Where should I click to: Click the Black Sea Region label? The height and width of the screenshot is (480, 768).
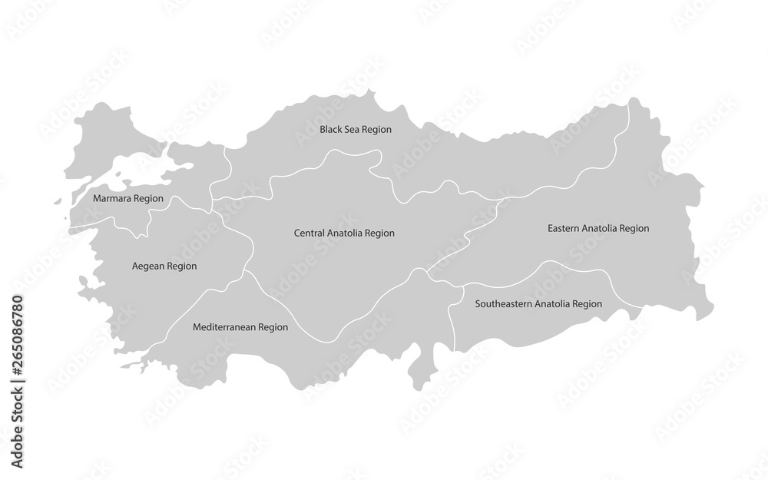point(356,130)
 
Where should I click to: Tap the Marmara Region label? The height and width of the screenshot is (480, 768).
point(127,198)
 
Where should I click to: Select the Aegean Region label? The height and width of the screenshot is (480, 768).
point(164,266)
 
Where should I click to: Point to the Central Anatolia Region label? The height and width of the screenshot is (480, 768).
point(349,232)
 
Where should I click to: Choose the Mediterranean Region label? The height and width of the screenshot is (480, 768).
point(240,327)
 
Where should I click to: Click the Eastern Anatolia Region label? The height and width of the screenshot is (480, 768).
point(598,228)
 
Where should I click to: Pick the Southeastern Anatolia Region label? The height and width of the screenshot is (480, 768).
point(538,304)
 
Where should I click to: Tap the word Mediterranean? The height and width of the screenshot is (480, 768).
point(224,327)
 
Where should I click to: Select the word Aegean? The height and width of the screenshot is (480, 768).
point(147,266)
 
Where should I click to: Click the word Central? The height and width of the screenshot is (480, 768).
point(310,232)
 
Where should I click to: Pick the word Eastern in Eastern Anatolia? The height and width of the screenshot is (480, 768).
point(563,228)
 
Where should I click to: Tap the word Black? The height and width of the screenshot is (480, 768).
point(331,130)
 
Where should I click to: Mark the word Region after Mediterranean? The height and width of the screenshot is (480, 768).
point(273,327)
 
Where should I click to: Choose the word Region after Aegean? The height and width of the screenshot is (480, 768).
point(181,266)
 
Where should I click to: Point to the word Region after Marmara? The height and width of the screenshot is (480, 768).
point(148,198)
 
